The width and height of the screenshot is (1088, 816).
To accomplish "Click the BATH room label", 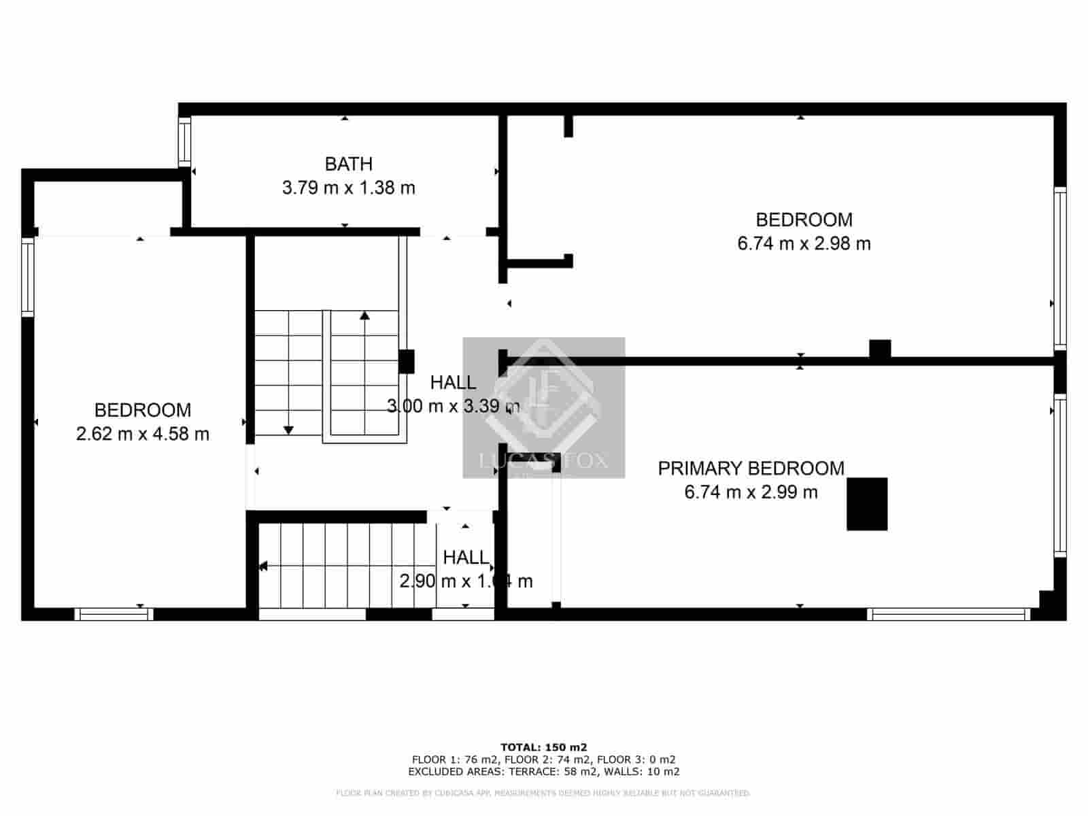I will coord(348,164).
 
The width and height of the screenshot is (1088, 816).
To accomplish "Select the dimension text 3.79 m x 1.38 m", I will coord(348,188).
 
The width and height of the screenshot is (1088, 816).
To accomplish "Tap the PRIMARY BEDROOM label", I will coord(751,469).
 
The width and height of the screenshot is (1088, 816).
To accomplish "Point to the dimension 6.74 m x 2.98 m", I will coord(804,243).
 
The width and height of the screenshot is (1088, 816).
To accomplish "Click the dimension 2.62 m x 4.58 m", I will coord(143,434).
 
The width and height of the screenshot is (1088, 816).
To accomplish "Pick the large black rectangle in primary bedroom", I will coord(866,504).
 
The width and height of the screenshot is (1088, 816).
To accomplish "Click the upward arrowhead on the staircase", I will coord(365,315).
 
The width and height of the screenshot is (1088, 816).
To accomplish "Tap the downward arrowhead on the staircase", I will coord(288,430).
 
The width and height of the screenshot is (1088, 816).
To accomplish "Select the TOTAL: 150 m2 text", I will coord(543,747).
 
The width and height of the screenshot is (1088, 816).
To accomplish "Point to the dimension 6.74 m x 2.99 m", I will coord(751,492).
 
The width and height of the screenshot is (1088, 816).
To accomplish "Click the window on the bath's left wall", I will coord(184,142).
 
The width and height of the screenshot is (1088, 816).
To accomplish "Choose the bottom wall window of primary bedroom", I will coord(949,614).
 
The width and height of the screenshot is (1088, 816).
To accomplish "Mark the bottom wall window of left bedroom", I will coord(114,614).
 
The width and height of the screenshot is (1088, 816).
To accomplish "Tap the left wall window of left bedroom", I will coord(27,277).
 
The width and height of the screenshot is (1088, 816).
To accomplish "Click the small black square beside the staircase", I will coord(406,361).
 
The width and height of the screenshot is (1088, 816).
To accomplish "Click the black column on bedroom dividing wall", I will coord(880,349).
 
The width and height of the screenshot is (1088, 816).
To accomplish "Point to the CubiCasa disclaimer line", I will coord(543,793).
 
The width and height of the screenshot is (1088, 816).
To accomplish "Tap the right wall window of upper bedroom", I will coord(1060,269).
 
